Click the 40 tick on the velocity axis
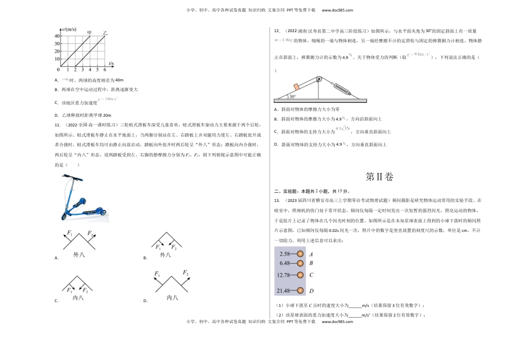click(x=56, y=36)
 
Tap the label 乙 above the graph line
click(x=106, y=32)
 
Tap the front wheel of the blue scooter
click(x=66, y=215)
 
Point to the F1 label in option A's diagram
click(x=70, y=233)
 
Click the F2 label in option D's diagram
click(x=185, y=273)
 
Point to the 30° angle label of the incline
click(x=291, y=97)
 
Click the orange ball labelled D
click(x=301, y=291)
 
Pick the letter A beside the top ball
click(x=311, y=254)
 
